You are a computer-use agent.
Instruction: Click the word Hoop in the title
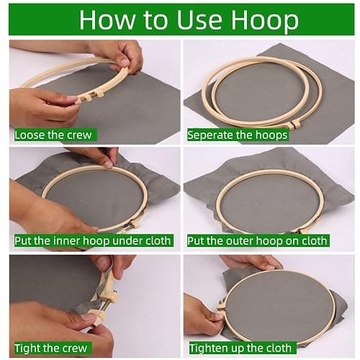[265, 21]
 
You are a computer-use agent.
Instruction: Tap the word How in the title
[107, 19]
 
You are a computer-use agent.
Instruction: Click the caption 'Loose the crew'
[53, 135]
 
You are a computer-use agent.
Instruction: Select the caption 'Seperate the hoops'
[237, 135]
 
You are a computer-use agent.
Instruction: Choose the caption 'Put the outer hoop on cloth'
[257, 241]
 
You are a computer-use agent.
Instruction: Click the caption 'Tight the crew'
[50, 348]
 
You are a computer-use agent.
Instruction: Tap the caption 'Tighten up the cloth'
[240, 348]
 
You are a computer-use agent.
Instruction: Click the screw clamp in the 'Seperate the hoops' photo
[293, 124]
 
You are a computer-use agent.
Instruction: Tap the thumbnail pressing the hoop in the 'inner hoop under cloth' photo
[108, 164]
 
